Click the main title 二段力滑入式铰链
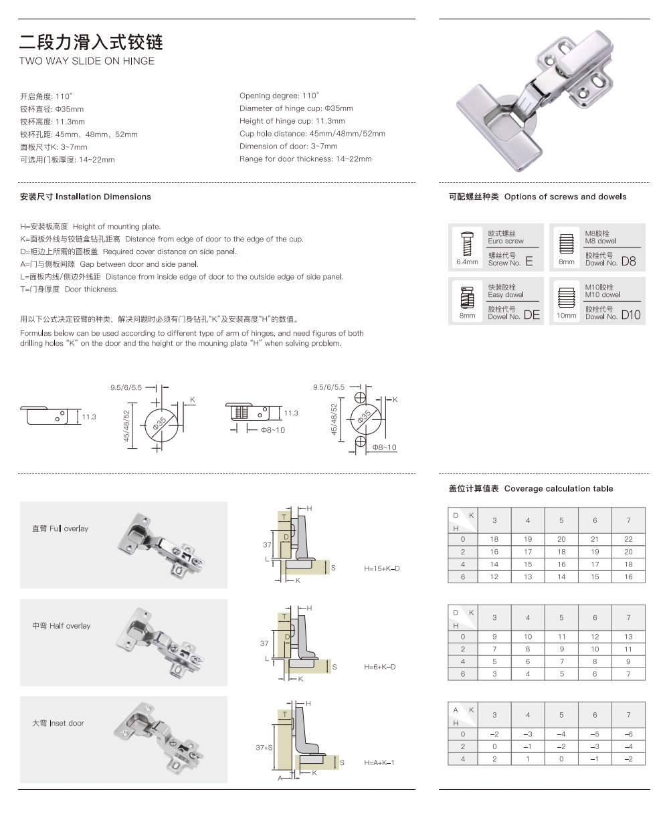tap(91, 42)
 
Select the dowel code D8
tap(628, 262)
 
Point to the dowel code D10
tap(630, 315)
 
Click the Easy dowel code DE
tap(531, 315)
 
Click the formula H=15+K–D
tap(381, 568)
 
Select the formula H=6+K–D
tap(379, 667)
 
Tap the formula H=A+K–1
tap(379, 763)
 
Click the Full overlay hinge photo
tap(161, 545)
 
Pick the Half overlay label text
tap(61, 626)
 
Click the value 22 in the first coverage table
tap(628, 539)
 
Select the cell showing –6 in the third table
tap(628, 734)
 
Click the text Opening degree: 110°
tap(280, 96)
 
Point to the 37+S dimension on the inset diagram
tap(264, 748)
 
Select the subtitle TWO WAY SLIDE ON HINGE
tap(86, 61)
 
